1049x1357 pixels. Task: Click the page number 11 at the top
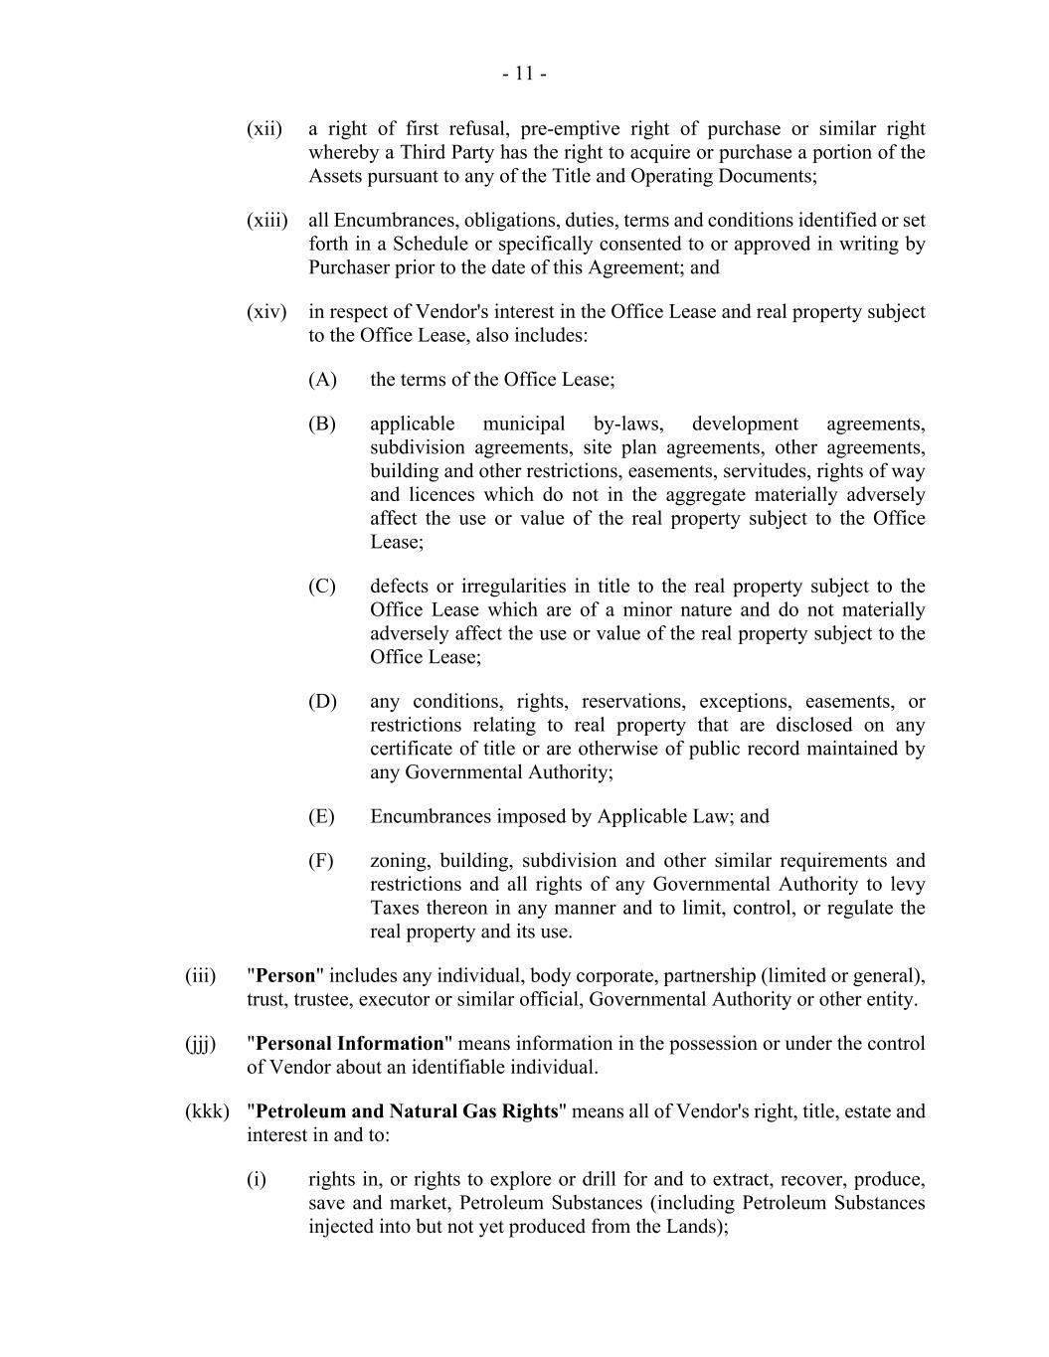tap(524, 74)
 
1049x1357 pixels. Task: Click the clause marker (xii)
tap(264, 129)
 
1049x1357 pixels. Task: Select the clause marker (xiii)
tap(266, 221)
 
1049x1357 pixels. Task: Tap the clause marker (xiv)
tap(266, 312)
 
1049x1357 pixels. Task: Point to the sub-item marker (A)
tap(322, 380)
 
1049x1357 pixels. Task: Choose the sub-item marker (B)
tap(322, 424)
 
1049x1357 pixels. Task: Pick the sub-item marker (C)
tap(322, 587)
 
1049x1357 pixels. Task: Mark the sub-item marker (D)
tap(322, 702)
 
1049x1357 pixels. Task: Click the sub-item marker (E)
tap(321, 817)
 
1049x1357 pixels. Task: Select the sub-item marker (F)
tap(321, 861)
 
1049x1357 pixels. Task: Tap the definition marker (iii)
tap(200, 976)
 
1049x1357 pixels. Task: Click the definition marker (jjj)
tap(200, 1044)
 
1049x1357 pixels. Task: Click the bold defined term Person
tap(285, 976)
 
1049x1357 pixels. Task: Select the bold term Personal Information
tap(349, 1044)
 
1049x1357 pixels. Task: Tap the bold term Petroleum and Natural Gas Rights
tap(407, 1111)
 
